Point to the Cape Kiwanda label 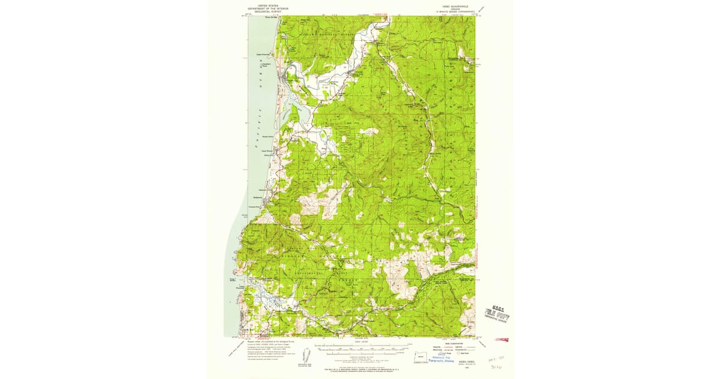266,52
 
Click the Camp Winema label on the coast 266,151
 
